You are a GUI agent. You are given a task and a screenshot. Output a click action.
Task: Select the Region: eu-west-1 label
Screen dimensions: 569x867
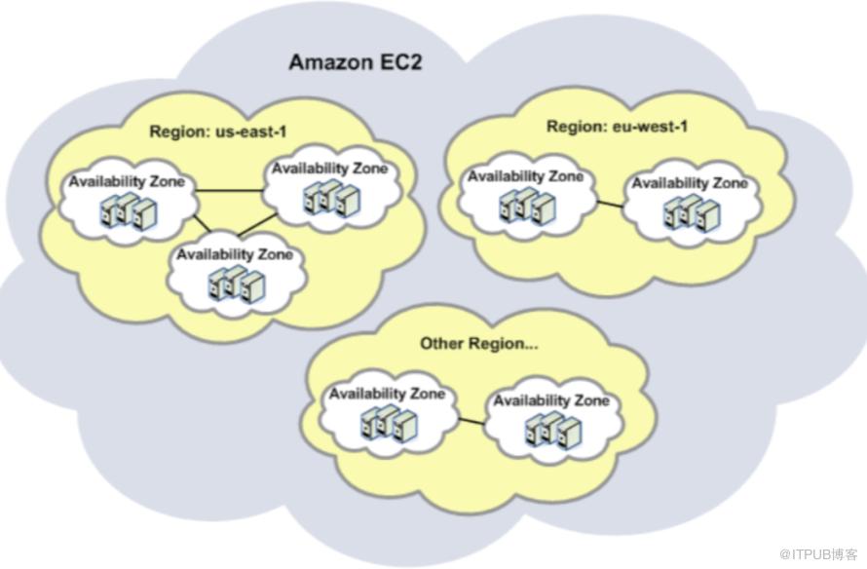(611, 127)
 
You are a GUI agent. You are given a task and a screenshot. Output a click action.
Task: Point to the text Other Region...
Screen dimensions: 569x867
(478, 344)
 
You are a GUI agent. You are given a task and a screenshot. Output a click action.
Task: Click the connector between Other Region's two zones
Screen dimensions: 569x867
(471, 421)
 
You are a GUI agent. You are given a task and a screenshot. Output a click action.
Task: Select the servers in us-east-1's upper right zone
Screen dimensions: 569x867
(327, 198)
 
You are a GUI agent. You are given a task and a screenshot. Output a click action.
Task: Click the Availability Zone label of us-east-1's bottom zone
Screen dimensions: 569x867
(233, 254)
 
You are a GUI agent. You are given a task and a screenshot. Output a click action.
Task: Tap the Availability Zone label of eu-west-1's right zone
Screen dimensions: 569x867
(690, 182)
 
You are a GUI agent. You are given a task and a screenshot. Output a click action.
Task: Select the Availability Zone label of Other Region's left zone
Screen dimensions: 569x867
(387, 395)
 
